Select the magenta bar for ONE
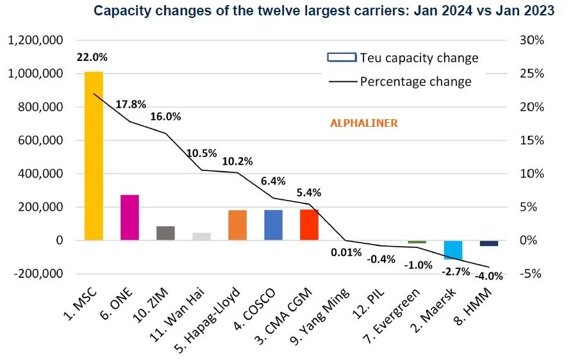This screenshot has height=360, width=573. click(x=129, y=217)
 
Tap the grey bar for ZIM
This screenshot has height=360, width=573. click(x=165, y=233)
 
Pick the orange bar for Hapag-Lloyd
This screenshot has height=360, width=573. click(x=237, y=225)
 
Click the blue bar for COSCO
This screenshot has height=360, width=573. click(x=273, y=225)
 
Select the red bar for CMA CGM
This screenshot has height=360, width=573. click(x=309, y=225)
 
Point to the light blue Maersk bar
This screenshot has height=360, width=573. click(x=453, y=250)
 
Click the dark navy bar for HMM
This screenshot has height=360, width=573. click(x=489, y=243)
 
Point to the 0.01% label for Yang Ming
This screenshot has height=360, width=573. click(x=347, y=252)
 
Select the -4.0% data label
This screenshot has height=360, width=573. click(x=488, y=277)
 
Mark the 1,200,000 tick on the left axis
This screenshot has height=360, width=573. click(x=35, y=40)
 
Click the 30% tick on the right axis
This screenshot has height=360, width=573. click(x=531, y=40)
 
